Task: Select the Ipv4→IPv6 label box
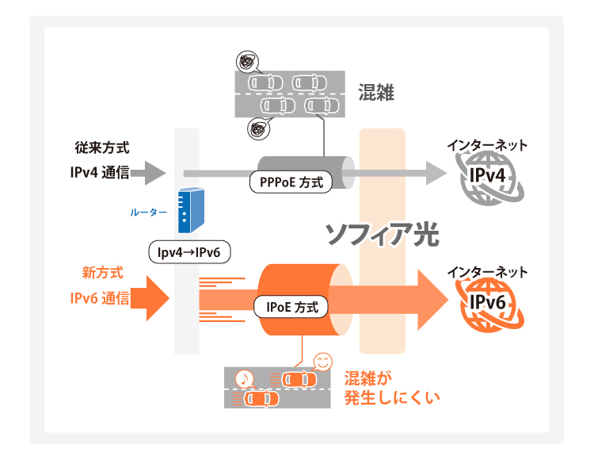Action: (189, 253)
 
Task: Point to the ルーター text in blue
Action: (148, 213)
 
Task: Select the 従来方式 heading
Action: (102, 148)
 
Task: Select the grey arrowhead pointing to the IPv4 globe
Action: (434, 173)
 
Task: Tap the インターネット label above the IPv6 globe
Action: (486, 272)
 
